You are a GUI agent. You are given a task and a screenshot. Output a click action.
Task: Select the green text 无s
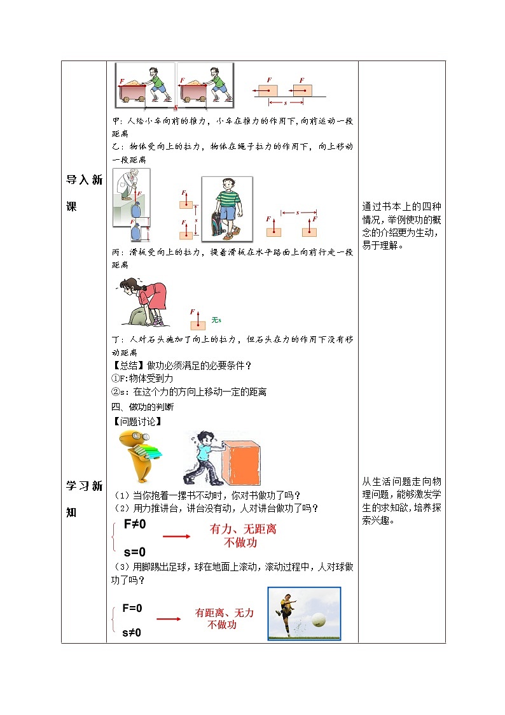(x=216, y=320)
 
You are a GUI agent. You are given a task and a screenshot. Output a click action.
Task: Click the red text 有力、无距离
(x=243, y=529)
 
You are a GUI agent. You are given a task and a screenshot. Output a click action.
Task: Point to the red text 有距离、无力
(x=224, y=612)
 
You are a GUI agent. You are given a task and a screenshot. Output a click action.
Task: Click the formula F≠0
(x=135, y=524)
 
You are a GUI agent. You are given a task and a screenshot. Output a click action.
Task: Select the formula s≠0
(x=132, y=632)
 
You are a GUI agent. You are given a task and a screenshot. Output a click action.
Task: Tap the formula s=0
(x=134, y=552)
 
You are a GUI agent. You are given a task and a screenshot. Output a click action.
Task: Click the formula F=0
(x=132, y=608)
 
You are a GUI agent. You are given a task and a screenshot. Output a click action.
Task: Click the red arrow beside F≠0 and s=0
(x=176, y=536)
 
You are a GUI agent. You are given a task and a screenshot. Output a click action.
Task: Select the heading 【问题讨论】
(x=132, y=421)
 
